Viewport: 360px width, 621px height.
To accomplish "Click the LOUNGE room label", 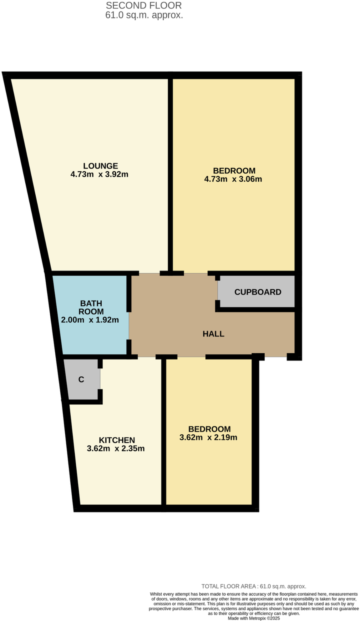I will point(100,166).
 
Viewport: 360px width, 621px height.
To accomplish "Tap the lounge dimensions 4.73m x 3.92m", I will point(99,174).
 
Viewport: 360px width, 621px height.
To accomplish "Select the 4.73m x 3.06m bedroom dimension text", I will point(233,179).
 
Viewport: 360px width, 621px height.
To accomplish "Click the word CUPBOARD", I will point(258,292).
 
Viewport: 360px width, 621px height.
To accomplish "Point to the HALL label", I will point(213,334).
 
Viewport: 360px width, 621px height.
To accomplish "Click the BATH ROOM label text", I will point(91,307).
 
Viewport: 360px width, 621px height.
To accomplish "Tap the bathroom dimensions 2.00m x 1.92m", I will point(90,320).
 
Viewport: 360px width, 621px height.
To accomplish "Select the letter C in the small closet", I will point(81,380).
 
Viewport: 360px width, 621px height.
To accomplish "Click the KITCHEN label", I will point(117,440).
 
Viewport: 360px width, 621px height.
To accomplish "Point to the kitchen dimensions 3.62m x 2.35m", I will point(116,448).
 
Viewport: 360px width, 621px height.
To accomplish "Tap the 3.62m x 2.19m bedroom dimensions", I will point(208,437).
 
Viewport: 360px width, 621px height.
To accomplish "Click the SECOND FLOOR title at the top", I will point(144,5).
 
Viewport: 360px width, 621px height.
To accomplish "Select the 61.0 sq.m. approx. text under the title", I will point(144,15).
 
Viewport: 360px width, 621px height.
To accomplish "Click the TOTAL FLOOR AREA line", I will point(254,586).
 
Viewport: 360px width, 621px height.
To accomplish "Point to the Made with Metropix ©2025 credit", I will point(254,618).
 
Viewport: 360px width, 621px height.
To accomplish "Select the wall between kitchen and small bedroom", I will point(163,438).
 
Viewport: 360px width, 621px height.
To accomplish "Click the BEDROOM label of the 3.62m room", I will point(209,429).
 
